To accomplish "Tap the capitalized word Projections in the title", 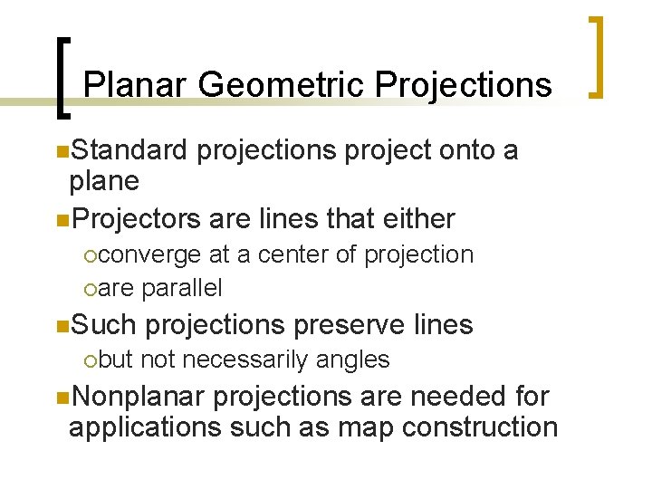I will (x=463, y=85).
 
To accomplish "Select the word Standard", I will (x=129, y=149).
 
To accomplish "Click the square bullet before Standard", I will (x=60, y=150).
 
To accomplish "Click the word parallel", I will (x=181, y=288).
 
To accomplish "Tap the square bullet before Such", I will (x=60, y=324).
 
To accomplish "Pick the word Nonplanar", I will (x=139, y=396).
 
